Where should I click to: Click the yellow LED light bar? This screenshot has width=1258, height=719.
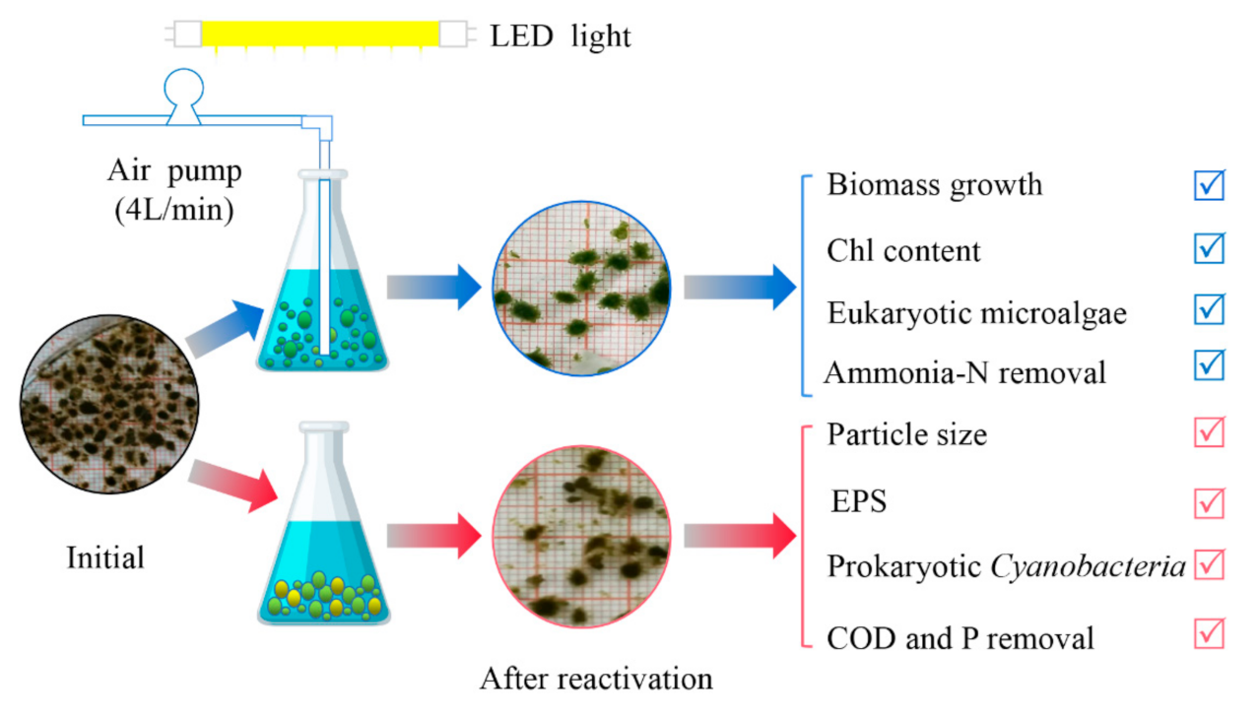319,34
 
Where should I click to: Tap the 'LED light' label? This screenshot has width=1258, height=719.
561,37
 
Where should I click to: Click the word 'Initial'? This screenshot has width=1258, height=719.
105,558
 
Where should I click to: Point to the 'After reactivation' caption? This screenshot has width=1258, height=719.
596,680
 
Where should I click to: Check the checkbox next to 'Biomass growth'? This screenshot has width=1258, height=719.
1209,185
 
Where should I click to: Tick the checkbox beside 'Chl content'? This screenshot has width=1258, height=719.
1209,248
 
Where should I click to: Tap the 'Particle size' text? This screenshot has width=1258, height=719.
906,434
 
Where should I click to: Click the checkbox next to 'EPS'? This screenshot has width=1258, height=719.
1209,502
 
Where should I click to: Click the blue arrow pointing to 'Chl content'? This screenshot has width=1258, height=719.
739,287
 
